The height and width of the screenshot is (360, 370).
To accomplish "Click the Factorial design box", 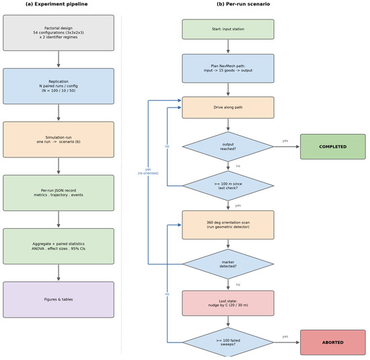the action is [59, 33].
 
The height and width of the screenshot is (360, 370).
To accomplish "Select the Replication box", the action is [59, 86].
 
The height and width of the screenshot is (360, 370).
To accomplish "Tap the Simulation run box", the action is [59, 139].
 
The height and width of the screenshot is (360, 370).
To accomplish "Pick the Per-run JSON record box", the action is [59, 193].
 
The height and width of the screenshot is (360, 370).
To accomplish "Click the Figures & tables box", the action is [59, 299].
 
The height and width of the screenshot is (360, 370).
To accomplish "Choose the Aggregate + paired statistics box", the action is [59, 246].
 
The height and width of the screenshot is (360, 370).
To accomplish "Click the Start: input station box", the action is [228, 30].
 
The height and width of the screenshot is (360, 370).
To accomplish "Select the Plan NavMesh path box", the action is [228, 69].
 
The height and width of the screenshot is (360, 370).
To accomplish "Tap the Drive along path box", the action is [228, 108].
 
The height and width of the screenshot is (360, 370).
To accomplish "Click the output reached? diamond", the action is [228, 147].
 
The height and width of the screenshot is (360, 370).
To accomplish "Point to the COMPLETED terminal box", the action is [333, 147].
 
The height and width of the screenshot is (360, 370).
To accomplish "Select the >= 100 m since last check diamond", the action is [228, 186].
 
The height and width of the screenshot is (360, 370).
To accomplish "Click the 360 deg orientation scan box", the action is [228, 225].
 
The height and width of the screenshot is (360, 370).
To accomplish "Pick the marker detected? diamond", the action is [228, 264].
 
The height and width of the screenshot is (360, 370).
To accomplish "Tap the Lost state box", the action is [228, 303].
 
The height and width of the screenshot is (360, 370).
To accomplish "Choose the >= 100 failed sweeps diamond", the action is [228, 343].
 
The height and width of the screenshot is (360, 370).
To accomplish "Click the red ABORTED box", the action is [333, 343].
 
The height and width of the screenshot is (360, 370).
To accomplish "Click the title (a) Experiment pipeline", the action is [57, 4].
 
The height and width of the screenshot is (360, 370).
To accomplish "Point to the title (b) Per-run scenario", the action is [244, 4].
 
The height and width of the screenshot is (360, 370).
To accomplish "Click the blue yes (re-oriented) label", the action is [148, 172].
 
